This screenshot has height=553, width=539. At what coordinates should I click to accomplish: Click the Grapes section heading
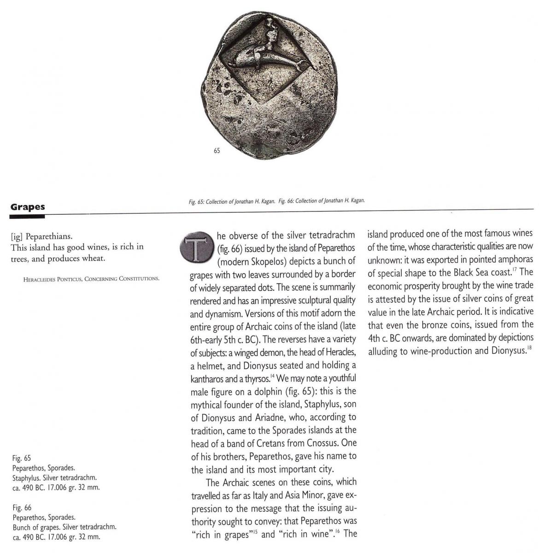coord(28,207)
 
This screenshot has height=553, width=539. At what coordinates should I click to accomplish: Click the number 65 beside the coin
coord(217,151)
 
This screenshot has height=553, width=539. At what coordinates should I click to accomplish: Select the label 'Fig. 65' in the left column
coord(22,458)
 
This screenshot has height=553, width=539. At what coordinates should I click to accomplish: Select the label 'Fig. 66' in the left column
coord(22,508)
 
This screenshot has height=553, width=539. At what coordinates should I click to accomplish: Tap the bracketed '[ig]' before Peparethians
coord(17,236)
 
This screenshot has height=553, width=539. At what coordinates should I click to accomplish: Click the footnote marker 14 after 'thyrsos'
coord(273,377)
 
